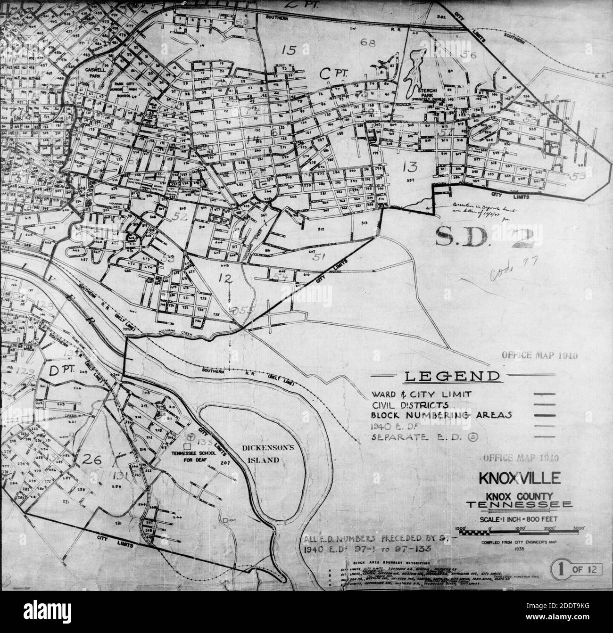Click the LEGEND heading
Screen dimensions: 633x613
tap(452, 377)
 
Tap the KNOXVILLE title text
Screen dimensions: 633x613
tap(520, 478)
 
